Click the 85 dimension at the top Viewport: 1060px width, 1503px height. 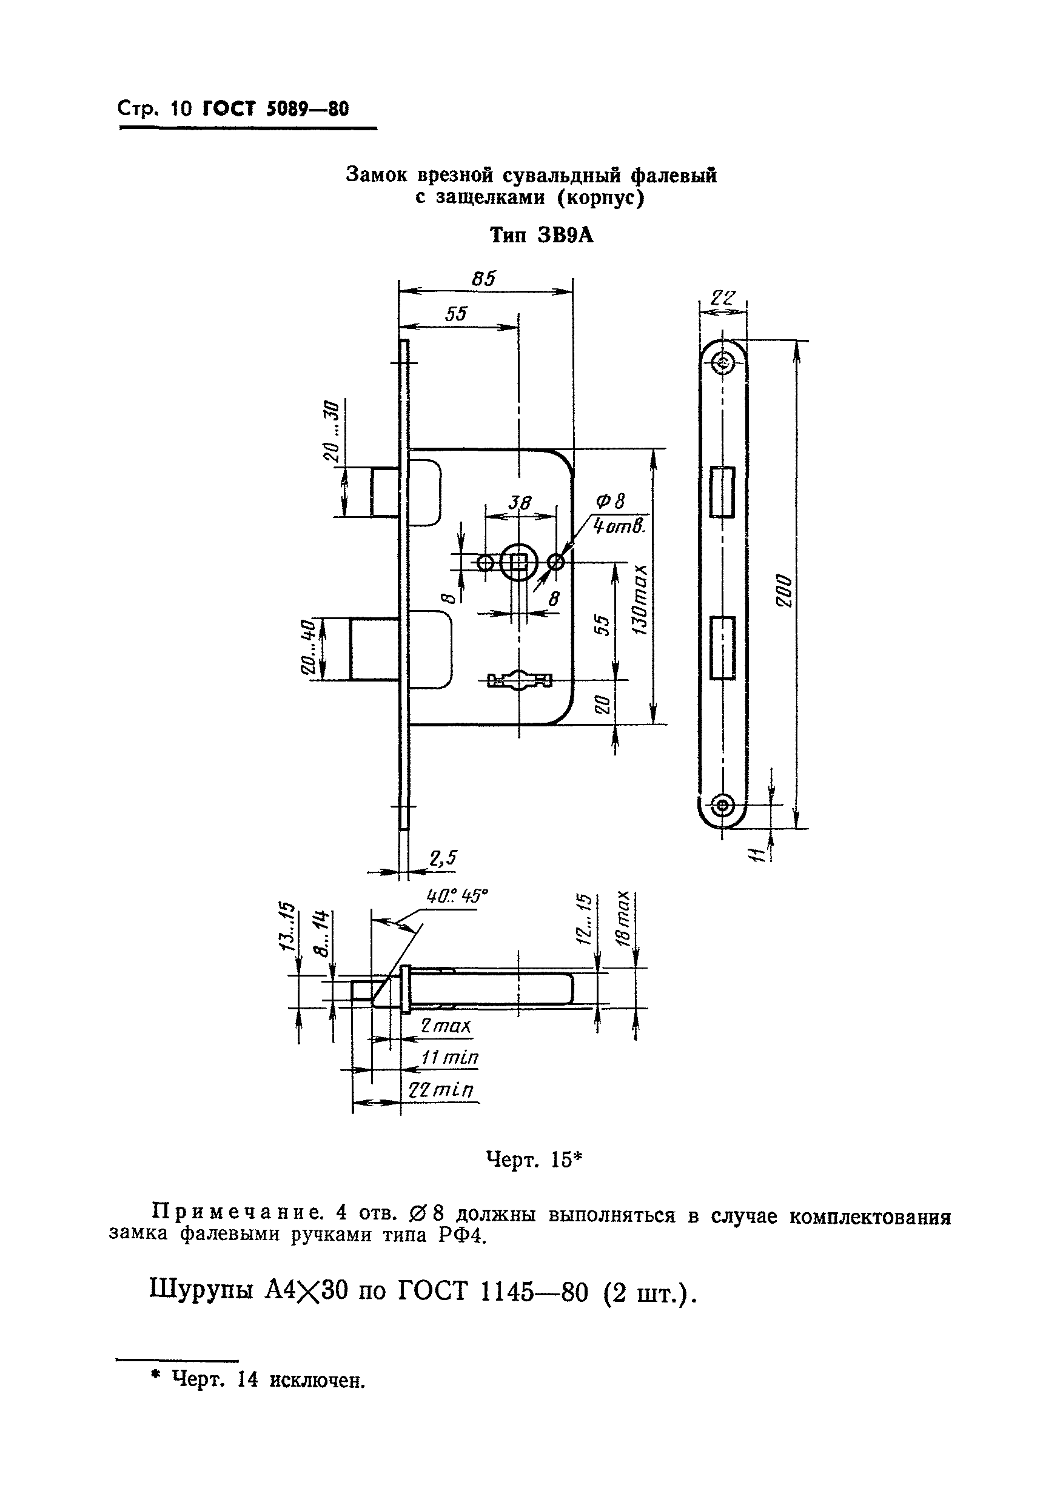tap(483, 279)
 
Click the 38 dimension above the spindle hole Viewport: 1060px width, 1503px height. tap(520, 503)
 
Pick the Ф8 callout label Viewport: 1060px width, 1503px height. tap(610, 502)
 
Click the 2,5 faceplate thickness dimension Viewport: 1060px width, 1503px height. tap(443, 858)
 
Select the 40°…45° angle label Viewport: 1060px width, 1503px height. tap(458, 895)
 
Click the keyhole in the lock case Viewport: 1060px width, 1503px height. tap(520, 681)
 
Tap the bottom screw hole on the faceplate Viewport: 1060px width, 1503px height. tap(723, 804)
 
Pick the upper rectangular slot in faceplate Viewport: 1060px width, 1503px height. tap(723, 492)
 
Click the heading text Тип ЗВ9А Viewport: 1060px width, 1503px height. tap(541, 236)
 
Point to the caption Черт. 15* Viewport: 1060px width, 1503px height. tap(534, 1160)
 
